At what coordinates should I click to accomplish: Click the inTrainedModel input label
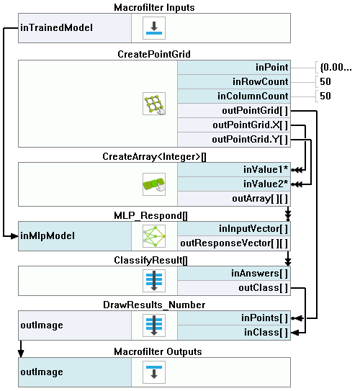coord(56,27)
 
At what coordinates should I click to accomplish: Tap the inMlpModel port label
coord(48,235)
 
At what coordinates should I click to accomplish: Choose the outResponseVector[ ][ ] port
coord(234,243)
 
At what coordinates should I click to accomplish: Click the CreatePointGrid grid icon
coord(154,104)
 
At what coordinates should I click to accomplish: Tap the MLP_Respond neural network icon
coord(154,236)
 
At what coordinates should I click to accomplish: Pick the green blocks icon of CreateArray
coord(154,184)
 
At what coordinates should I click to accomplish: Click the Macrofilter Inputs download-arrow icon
coord(154,28)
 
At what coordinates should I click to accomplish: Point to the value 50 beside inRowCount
coord(325,81)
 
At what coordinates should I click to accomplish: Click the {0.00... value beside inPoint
coord(336,68)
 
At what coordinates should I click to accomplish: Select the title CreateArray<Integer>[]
coord(154,156)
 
